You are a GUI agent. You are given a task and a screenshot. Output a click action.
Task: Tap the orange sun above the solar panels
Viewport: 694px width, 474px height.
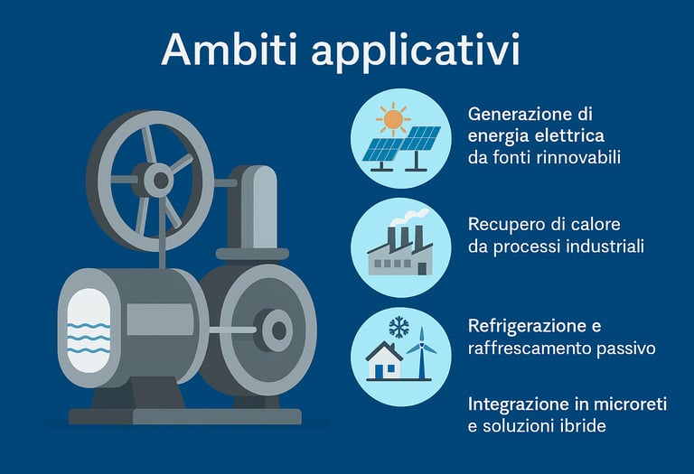click(392, 119)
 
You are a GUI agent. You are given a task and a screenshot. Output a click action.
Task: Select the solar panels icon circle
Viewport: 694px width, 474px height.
click(400, 137)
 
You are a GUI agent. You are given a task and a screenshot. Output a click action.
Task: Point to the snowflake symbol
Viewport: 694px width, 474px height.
click(398, 327)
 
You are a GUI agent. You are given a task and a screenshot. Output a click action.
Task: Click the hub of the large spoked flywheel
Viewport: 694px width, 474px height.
click(159, 180)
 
